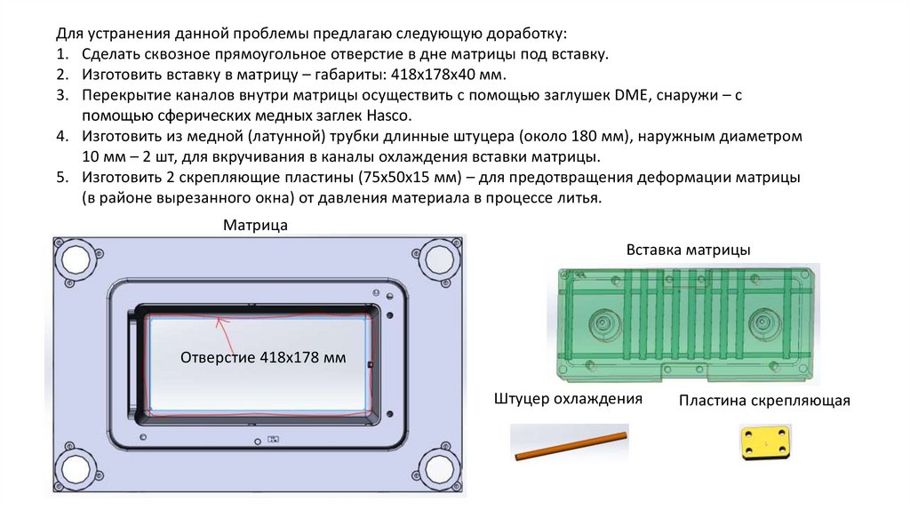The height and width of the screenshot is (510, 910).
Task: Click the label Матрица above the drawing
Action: [x=255, y=226]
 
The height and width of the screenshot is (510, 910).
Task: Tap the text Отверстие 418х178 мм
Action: [x=263, y=357]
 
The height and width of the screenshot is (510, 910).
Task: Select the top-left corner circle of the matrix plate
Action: [x=73, y=258]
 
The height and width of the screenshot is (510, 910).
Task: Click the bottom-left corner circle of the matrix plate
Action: [x=73, y=466]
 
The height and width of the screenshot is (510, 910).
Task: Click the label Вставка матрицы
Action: [x=688, y=251]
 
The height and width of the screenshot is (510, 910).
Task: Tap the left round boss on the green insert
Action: [x=607, y=323]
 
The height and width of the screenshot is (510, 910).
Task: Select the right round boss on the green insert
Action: [x=762, y=322]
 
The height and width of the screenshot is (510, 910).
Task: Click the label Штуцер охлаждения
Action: [x=568, y=399]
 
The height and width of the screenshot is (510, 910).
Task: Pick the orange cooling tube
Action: [x=570, y=446]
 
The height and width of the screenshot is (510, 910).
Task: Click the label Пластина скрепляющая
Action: [x=764, y=401]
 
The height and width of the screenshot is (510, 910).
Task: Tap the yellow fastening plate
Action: [x=765, y=442]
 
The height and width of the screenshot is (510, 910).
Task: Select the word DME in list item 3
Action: [x=631, y=96]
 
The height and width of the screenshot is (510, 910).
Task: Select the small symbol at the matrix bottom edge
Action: [x=273, y=439]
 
